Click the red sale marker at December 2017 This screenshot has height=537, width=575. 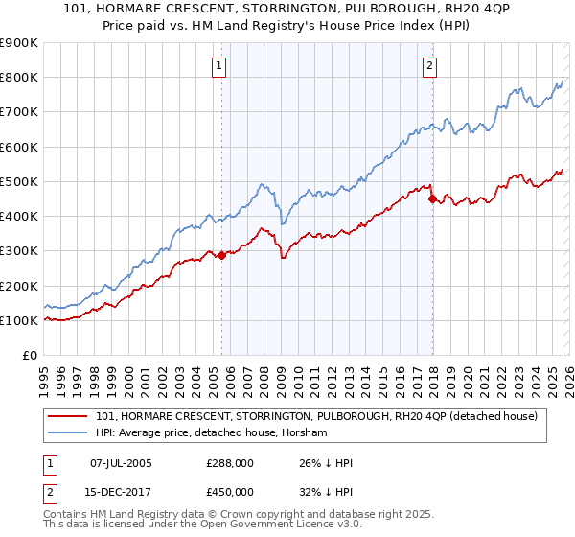coord(432,199)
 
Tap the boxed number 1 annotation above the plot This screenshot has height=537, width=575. coord(220,66)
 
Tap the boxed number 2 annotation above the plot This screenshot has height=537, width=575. coord(429,66)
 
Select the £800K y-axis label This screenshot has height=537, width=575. coord(19,77)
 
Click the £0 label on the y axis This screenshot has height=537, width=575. coord(29,355)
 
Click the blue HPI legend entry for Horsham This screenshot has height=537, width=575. coord(211,433)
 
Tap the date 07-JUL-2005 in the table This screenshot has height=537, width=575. coord(121,463)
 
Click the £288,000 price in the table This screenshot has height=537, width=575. coord(231,463)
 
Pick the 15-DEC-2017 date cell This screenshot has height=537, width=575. coord(121,492)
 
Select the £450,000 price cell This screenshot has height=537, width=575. coord(231,492)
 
